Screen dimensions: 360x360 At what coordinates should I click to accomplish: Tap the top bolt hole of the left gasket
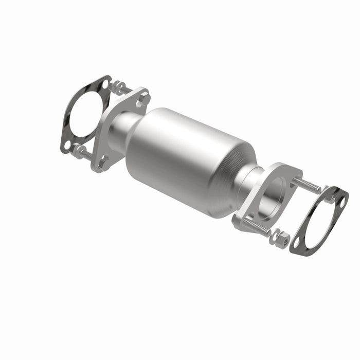(105, 83)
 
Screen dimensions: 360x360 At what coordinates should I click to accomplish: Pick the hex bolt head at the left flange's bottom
(102, 161)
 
